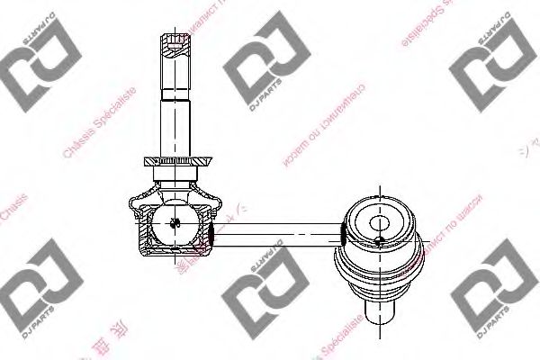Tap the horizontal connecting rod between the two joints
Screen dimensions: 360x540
(279, 232)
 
